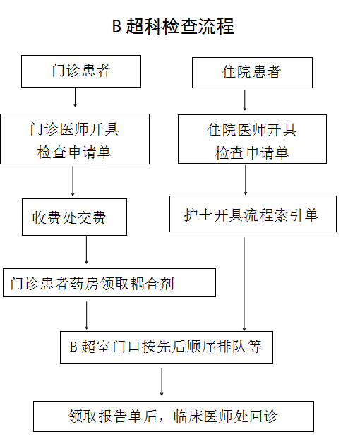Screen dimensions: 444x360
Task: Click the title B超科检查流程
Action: click(173, 27)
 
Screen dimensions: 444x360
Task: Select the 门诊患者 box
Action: click(81, 71)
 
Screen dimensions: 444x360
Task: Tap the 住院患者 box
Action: click(252, 72)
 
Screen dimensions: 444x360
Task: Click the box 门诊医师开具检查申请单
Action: click(74, 139)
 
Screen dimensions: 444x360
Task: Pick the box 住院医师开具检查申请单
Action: click(252, 140)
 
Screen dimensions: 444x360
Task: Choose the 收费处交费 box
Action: click(74, 217)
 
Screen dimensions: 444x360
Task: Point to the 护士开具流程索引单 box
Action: click(252, 214)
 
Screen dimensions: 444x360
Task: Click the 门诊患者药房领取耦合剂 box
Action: click(109, 282)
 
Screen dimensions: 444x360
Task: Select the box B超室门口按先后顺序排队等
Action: click(165, 347)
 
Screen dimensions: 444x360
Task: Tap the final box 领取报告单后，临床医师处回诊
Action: click(172, 416)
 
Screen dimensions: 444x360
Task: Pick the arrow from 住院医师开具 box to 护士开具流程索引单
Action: click(245, 179)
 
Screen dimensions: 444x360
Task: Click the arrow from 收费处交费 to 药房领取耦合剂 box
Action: click(87, 251)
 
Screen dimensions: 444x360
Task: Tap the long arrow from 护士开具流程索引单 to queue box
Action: click(244, 282)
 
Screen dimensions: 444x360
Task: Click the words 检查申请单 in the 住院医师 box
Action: click(252, 152)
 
